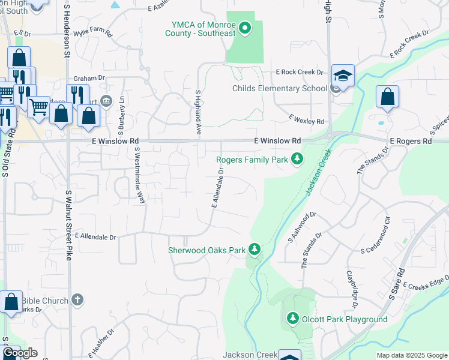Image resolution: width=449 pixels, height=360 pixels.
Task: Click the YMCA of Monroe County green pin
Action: click(245, 28)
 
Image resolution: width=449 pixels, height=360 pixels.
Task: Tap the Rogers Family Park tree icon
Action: click(296, 159)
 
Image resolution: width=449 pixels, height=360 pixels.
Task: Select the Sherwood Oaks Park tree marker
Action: click(255, 249)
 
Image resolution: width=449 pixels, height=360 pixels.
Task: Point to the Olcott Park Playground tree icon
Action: click(292, 319)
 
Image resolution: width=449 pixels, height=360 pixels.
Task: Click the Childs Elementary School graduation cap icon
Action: click(343, 76)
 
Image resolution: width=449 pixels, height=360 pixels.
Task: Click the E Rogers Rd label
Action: click(411, 141)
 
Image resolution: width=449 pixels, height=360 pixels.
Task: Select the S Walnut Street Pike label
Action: click(69, 216)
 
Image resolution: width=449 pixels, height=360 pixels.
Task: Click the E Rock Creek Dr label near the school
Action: click(299, 72)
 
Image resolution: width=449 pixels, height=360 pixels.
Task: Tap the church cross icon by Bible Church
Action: click(77, 299)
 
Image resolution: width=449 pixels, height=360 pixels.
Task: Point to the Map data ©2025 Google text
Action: click(411, 355)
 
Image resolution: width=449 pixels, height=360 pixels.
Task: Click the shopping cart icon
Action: click(38, 107)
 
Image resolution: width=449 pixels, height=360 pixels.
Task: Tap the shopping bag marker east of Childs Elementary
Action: click(388, 97)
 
